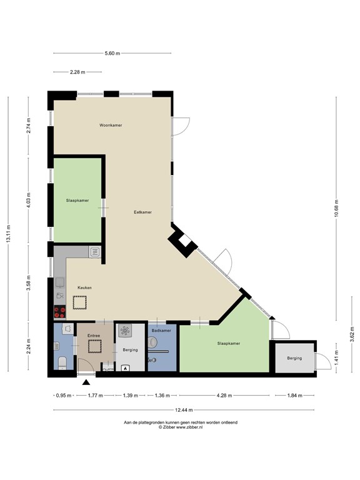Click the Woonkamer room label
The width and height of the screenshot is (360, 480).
click(x=111, y=125)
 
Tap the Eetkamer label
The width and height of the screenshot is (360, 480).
click(x=142, y=212)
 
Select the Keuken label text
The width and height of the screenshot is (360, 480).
click(x=84, y=287)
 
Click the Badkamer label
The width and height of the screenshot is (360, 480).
click(x=161, y=331)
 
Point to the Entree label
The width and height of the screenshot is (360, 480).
click(x=94, y=336)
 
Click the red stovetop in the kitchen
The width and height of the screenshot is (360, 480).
click(x=60, y=312)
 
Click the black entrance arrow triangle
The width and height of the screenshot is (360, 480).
click(x=86, y=382)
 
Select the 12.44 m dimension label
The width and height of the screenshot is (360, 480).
click(x=184, y=410)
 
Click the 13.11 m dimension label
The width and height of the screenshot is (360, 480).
click(x=8, y=234)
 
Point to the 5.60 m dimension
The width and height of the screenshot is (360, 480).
click(x=112, y=53)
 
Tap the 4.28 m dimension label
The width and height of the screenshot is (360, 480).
click(x=224, y=396)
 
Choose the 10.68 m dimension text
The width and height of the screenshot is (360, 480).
click(x=336, y=209)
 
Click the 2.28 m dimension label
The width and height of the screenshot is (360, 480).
click(x=77, y=72)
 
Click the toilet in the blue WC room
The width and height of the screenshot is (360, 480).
click(x=62, y=363)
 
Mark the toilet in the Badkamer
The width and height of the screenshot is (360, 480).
click(x=152, y=342)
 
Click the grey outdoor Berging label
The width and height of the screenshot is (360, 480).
click(x=294, y=358)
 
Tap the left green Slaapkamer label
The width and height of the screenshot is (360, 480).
click(x=77, y=201)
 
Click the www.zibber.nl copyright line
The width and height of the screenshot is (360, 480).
click(x=180, y=427)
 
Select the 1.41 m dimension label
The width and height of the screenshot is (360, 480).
click(x=336, y=358)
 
